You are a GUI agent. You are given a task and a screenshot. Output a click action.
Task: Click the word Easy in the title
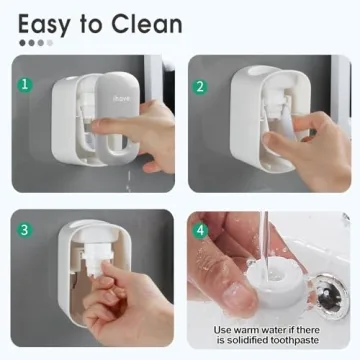47,22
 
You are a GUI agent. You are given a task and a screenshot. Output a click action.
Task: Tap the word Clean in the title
145,22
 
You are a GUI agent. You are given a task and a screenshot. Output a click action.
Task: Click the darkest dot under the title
23,43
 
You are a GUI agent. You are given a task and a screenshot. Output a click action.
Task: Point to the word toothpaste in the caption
300,342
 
